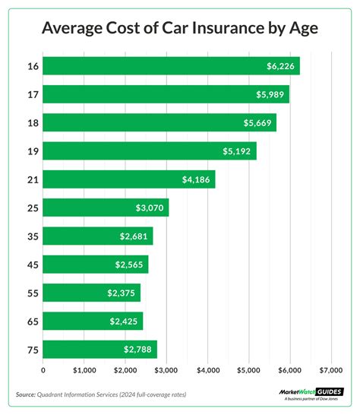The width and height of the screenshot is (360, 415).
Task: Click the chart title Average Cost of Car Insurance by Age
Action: [180, 29]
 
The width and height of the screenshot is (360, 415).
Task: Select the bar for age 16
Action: [171, 66]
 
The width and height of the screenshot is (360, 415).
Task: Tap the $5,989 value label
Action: [271, 94]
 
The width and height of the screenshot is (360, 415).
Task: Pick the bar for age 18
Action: [159, 123]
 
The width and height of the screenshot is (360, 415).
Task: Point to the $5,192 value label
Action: [238, 151]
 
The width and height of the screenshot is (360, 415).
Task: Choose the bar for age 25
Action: [106, 207]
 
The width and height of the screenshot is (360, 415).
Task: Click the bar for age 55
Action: [92, 293]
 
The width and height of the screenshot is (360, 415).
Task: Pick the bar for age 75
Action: [99, 350]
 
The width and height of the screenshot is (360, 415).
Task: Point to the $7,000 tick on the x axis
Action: [331, 370]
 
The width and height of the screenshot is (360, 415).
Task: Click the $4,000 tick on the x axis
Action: [207, 370]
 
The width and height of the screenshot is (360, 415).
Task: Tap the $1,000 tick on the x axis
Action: [84, 370]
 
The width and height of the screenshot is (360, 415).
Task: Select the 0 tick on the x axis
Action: [43, 370]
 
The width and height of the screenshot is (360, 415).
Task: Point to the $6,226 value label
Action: [281, 66]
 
